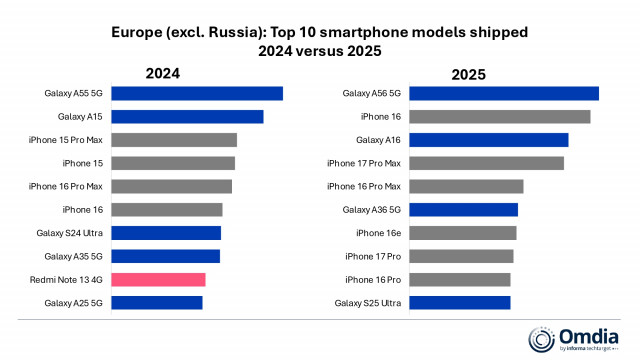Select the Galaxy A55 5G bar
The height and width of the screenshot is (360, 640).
click(x=196, y=94)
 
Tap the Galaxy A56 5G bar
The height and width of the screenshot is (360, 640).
click(x=504, y=94)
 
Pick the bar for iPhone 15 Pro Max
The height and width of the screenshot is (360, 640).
click(x=173, y=140)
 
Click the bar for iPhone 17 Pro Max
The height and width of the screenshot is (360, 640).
click(x=486, y=163)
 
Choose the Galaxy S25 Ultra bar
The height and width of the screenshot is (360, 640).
click(x=460, y=302)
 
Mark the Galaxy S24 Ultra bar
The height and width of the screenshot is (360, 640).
click(x=165, y=233)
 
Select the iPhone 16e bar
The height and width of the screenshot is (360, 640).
click(x=463, y=233)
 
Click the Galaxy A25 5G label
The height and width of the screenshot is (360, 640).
click(x=73, y=302)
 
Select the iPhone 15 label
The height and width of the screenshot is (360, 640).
click(x=82, y=163)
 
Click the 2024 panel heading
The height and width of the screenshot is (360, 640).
click(x=163, y=73)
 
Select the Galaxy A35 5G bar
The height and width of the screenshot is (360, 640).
click(x=165, y=256)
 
